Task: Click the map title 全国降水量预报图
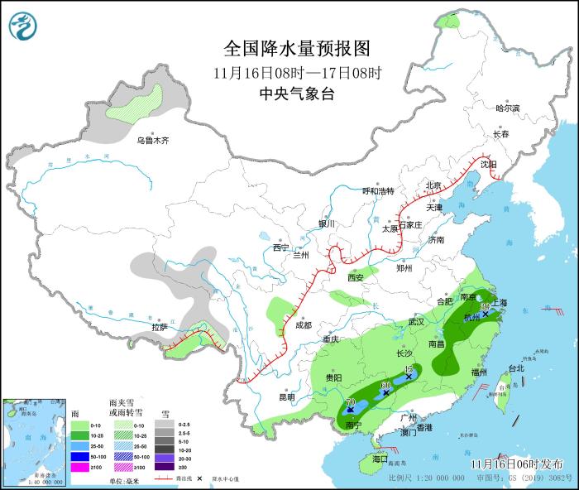(x=296, y=47)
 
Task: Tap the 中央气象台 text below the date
(x=296, y=94)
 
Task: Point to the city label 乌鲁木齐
(x=153, y=141)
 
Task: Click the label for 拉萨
(x=160, y=328)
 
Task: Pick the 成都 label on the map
(x=304, y=324)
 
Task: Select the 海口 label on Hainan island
(x=380, y=459)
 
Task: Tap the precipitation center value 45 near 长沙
(x=409, y=368)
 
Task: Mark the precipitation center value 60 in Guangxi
(x=385, y=385)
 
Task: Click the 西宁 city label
(x=281, y=247)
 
